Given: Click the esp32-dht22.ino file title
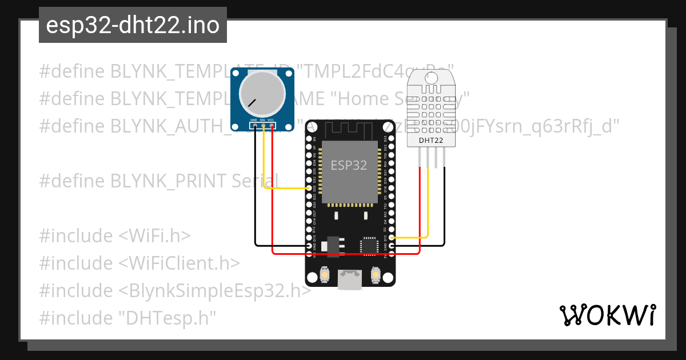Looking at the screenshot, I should point(133,25).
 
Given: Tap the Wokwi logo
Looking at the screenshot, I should point(607,315).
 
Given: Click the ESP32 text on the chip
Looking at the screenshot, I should point(349,165).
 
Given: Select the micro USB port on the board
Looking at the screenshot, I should point(349,279).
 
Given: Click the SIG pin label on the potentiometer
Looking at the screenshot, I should point(262,120).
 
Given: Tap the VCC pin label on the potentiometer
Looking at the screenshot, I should point(272,120).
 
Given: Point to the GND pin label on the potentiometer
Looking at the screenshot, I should point(253,120).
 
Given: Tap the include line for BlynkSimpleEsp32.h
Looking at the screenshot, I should point(175,291).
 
